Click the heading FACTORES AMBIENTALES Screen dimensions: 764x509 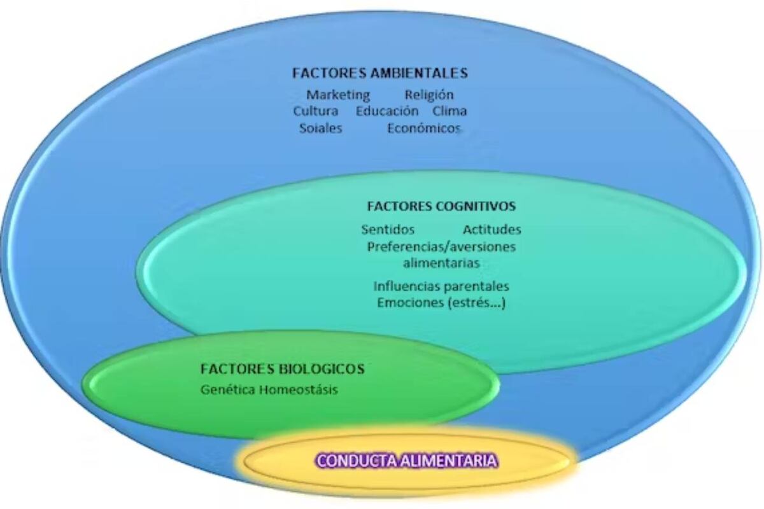[380, 73]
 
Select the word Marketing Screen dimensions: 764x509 [338, 95]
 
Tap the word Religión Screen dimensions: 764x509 [429, 95]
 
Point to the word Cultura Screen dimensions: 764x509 [316, 111]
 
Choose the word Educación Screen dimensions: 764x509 [387, 111]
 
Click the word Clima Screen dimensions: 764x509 [449, 111]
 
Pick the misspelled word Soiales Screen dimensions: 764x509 [321, 128]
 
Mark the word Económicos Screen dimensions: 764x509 [424, 128]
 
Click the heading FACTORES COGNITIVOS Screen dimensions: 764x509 [441, 206]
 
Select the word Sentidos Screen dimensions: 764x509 [388, 230]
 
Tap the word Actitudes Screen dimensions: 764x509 [492, 230]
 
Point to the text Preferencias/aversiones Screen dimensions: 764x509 [441, 247]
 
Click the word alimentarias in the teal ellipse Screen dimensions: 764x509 [441, 263]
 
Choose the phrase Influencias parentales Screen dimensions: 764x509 [441, 286]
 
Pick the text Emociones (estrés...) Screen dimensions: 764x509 [441, 303]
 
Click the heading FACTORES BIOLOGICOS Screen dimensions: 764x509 [283, 369]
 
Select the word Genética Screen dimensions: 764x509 [228, 389]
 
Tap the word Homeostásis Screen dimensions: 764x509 [299, 389]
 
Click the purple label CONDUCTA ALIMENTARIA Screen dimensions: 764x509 [407, 461]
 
